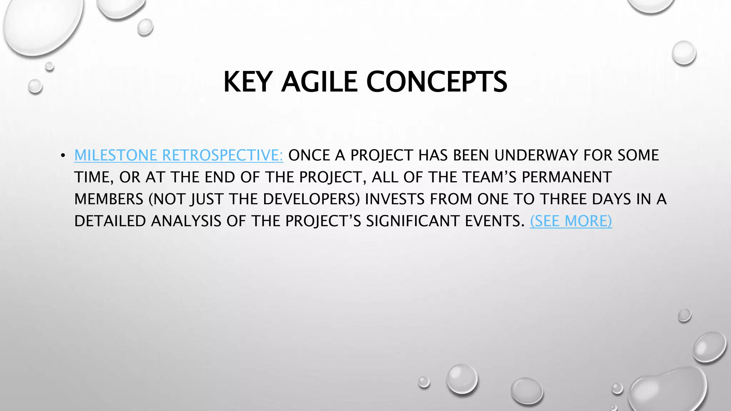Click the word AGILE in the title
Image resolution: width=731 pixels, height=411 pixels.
319,82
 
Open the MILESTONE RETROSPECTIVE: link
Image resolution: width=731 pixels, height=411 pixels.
178,156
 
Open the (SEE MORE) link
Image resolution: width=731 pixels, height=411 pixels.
571,221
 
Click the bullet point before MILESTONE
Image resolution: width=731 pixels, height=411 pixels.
63,156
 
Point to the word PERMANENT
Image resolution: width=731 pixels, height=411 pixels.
567,177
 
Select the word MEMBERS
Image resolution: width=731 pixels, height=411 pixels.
109,199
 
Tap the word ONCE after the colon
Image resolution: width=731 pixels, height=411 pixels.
309,156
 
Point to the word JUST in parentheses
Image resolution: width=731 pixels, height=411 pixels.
208,199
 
